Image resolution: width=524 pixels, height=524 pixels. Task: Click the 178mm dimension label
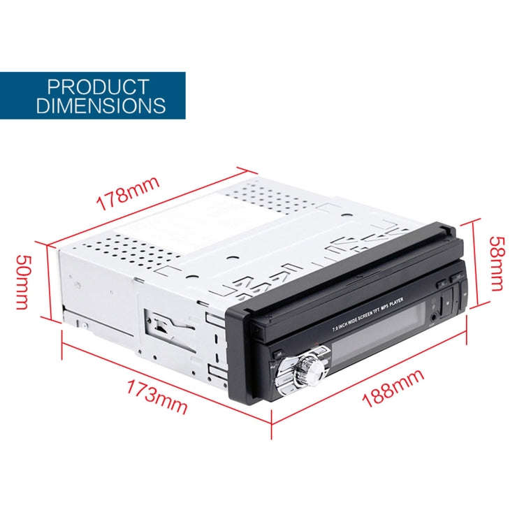pos(128,194)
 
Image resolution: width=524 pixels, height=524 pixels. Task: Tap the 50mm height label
pos(23,282)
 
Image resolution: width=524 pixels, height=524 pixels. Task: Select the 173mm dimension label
pos(157,397)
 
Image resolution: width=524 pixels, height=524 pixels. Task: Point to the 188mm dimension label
pos(393,388)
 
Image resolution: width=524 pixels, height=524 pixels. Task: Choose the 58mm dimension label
pos(497,263)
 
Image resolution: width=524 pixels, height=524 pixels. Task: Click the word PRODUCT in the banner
pos(98,87)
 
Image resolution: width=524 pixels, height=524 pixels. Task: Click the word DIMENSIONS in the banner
pos(101,105)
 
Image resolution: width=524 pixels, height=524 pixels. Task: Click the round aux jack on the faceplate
pos(434,316)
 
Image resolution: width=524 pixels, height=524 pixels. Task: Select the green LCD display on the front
pos(377,334)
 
